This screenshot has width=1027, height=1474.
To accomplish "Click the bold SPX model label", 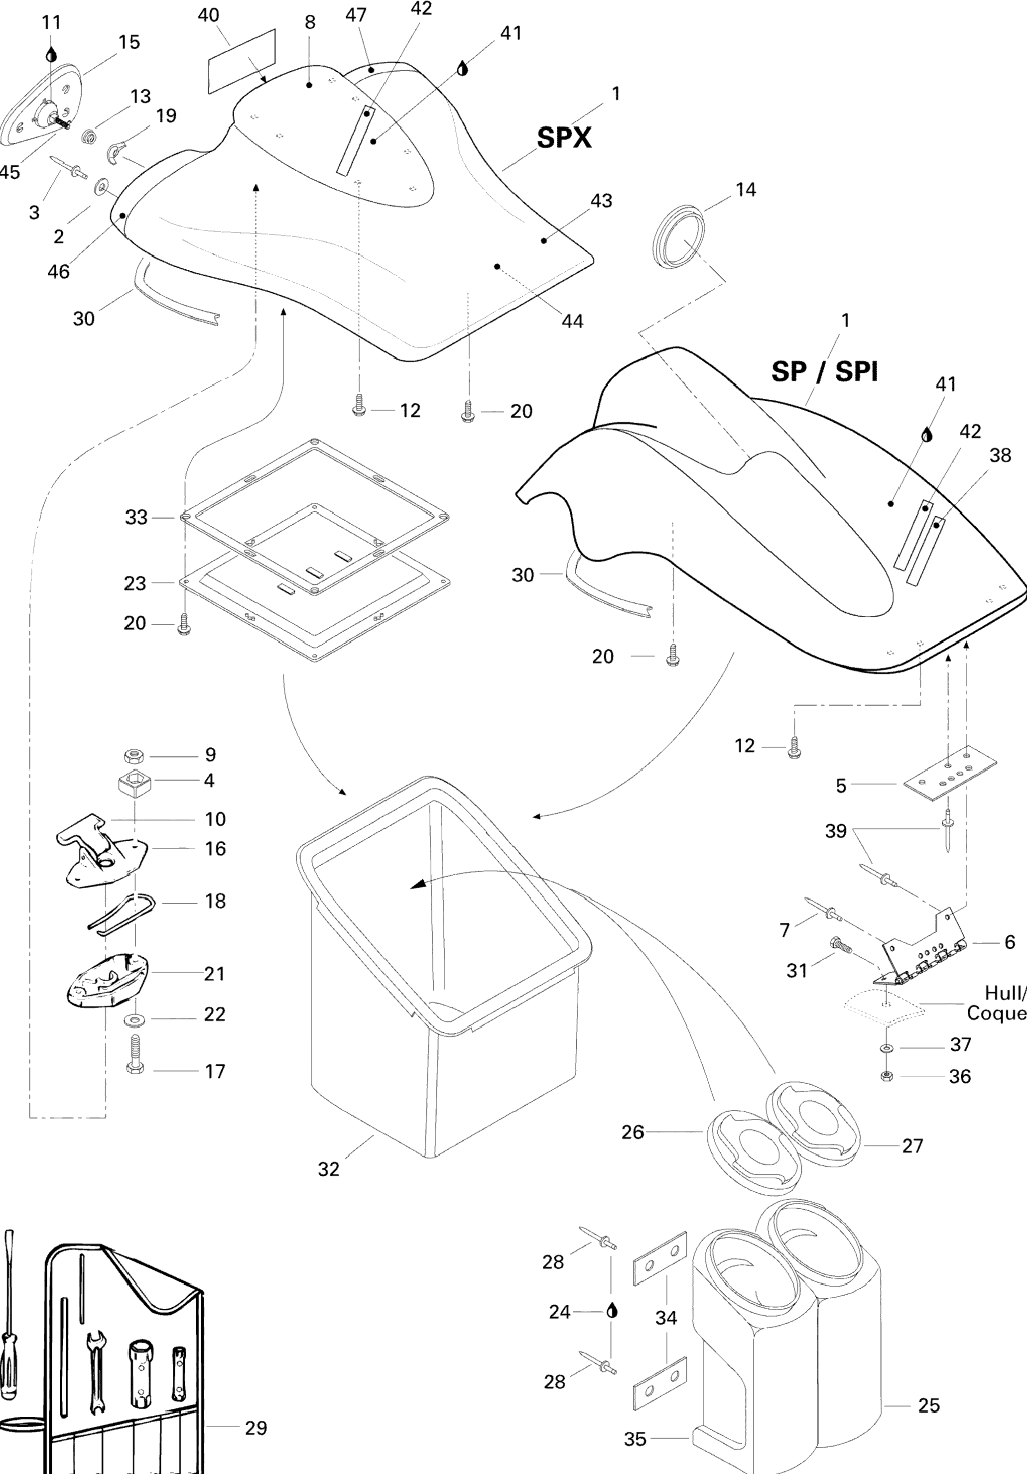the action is [x=564, y=137].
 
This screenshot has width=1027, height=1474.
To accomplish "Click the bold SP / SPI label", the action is [x=825, y=371].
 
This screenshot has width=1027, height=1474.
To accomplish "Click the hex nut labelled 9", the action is [x=135, y=754].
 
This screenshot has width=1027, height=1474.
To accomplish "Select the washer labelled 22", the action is [x=134, y=1018].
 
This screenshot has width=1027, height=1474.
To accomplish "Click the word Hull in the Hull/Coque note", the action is [x=1005, y=993].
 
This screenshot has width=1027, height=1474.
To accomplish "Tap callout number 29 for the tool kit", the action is [x=256, y=1428].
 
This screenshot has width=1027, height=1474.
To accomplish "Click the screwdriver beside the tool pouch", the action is [x=8, y=1315].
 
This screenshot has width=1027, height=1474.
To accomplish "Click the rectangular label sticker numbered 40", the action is [x=242, y=62].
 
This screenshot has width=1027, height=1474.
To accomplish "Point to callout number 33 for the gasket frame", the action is [x=136, y=517].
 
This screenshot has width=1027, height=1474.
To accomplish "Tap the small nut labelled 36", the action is [x=887, y=1075].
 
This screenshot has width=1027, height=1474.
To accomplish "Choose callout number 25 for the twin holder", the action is [x=929, y=1405].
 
